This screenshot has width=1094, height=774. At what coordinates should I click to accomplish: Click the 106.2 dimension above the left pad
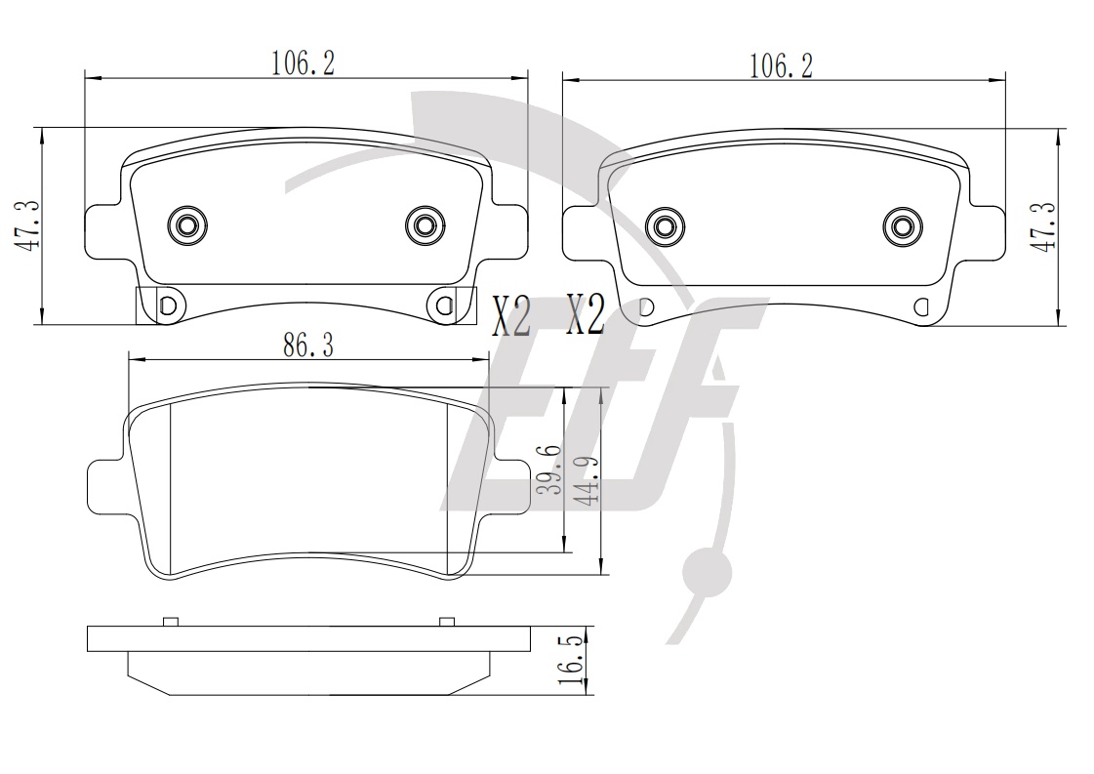click(x=303, y=63)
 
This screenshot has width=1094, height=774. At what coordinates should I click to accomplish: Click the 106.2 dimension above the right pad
click(x=781, y=66)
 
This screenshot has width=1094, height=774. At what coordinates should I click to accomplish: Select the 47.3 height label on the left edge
click(x=27, y=225)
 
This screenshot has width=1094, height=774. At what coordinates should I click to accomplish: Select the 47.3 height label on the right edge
click(x=1043, y=226)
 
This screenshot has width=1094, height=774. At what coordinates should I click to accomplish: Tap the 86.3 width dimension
click(x=307, y=345)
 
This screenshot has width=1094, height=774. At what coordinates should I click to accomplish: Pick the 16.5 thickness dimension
click(x=572, y=660)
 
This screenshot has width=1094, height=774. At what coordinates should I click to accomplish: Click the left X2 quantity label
click(x=511, y=316)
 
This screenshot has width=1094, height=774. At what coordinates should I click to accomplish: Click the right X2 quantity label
click(x=585, y=314)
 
